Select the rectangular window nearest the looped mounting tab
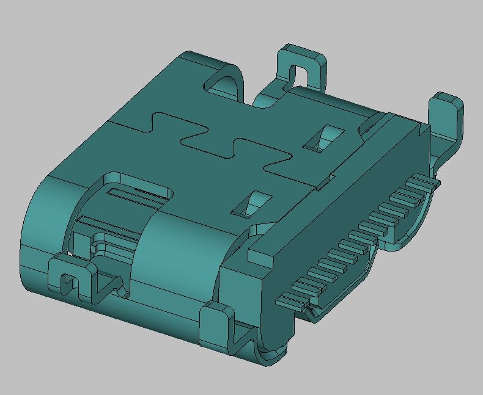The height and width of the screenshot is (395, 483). pyautogui.click(x=323, y=139)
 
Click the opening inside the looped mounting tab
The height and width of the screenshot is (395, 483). pyautogui.click(x=301, y=76)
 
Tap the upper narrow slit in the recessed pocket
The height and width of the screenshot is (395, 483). pyautogui.click(x=138, y=195)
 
